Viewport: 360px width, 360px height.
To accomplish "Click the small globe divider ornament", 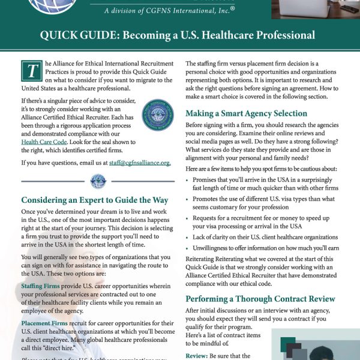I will tap(97, 181).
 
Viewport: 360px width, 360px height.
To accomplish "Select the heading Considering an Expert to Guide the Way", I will tap(95, 200).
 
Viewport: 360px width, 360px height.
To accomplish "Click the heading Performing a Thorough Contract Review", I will tap(260, 298).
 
